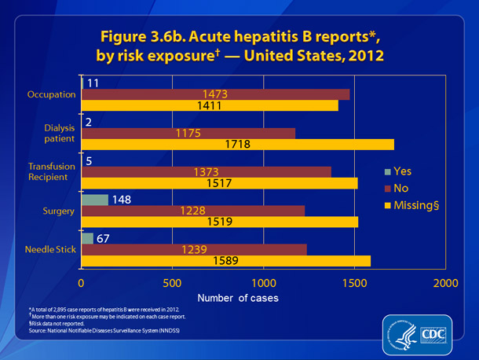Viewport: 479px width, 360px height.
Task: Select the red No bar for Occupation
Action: click(x=215, y=94)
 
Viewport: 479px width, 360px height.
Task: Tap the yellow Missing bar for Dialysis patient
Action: click(x=237, y=145)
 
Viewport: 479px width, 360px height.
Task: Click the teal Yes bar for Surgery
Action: click(x=95, y=200)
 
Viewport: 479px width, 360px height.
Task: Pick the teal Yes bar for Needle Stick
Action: click(x=87, y=238)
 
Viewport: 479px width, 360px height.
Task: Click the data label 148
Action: click(x=122, y=199)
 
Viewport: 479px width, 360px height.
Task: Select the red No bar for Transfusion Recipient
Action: click(x=206, y=171)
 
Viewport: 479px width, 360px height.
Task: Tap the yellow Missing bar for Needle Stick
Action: click(x=225, y=261)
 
